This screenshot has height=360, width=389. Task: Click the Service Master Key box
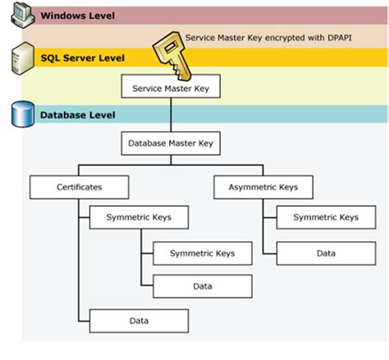170,85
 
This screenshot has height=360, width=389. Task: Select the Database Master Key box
171,144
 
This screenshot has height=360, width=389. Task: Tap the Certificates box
80,187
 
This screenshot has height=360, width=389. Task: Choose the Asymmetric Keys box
263,187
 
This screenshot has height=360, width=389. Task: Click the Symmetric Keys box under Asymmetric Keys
326,217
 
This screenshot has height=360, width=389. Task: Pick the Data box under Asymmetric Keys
326,253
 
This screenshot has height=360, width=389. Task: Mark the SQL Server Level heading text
83,58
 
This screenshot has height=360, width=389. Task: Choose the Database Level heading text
78,115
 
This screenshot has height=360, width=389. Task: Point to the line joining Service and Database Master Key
171,115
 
